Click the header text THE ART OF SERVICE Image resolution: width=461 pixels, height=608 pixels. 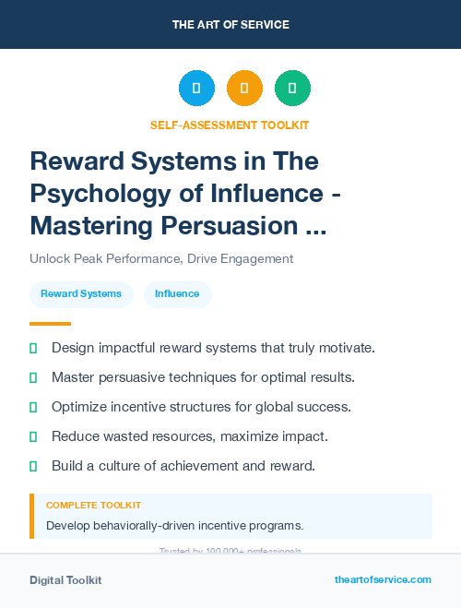click(x=230, y=24)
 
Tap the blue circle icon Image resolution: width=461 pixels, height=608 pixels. click(x=196, y=88)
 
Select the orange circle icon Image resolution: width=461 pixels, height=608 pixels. click(x=244, y=88)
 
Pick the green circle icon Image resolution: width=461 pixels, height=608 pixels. click(x=292, y=88)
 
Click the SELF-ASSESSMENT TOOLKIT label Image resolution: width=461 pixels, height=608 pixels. click(x=230, y=125)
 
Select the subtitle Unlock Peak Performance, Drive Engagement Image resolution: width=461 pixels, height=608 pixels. click(x=161, y=258)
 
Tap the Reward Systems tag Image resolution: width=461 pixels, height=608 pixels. click(x=81, y=293)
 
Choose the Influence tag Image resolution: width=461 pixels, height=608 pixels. click(x=177, y=293)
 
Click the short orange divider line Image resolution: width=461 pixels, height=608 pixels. click(x=50, y=324)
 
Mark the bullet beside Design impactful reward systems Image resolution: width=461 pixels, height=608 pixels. click(x=33, y=348)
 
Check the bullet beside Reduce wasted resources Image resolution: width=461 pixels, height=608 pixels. click(x=33, y=436)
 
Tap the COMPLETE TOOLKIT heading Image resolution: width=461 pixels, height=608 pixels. click(x=93, y=506)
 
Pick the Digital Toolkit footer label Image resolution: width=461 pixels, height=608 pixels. click(x=65, y=580)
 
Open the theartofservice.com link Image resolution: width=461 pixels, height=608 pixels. click(x=383, y=579)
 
